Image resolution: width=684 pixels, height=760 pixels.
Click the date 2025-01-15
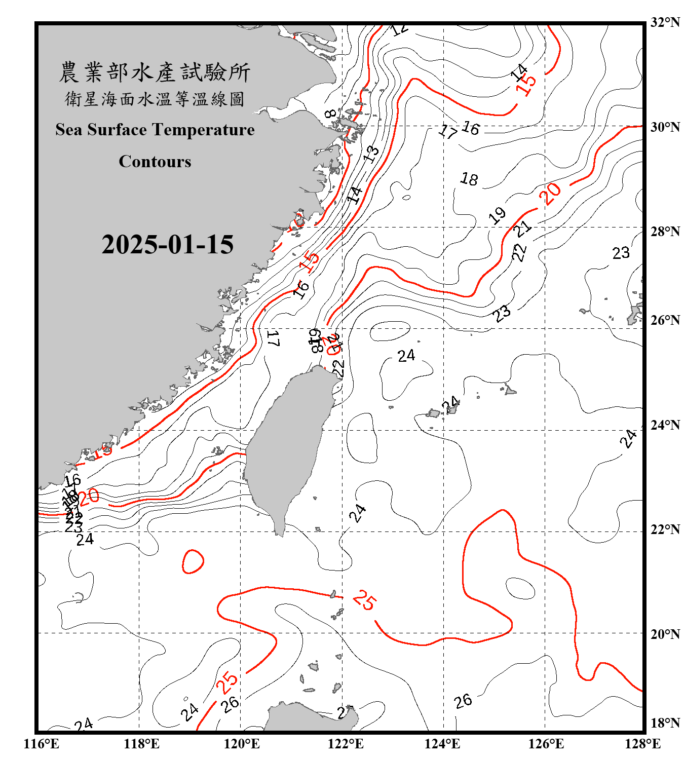click(x=167, y=245)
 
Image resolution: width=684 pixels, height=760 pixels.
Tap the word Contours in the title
click(x=155, y=162)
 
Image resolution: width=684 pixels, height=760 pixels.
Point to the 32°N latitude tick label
click(x=665, y=22)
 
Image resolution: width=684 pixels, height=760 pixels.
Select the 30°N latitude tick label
click(x=665, y=127)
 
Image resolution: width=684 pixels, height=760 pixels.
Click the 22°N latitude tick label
click(x=665, y=529)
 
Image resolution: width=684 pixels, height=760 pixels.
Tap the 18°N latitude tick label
click(x=665, y=723)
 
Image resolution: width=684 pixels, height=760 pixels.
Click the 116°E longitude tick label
click(x=41, y=744)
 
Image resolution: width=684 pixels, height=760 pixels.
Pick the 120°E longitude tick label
click(x=242, y=744)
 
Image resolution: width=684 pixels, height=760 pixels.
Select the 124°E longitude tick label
click(x=442, y=744)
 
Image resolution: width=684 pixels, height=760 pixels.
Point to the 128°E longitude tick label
click(x=642, y=744)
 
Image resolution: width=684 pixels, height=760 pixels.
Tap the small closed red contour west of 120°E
click(x=193, y=561)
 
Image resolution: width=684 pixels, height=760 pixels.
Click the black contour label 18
click(x=469, y=179)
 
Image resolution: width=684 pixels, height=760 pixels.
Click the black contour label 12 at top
click(x=400, y=29)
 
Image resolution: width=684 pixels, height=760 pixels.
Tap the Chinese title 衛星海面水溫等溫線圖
click(x=155, y=99)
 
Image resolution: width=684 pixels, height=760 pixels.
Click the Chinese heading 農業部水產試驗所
click(x=155, y=72)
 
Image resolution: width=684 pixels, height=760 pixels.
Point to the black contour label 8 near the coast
click(x=330, y=114)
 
